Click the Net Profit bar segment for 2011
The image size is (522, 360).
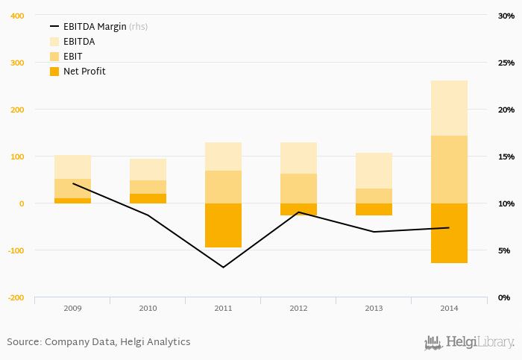(223, 225)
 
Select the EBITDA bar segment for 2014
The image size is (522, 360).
(449, 108)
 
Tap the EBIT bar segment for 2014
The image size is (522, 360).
(449, 169)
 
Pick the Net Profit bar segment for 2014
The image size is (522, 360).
(449, 233)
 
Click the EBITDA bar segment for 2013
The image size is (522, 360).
(374, 171)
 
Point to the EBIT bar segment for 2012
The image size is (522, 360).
(298, 189)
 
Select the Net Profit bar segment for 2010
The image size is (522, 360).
(148, 198)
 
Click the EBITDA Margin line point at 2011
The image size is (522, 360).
(223, 267)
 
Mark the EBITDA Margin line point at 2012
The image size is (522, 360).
(298, 212)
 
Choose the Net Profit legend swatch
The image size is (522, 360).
(54, 72)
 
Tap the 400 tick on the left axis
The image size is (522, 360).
(16, 16)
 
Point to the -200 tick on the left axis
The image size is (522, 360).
(14, 297)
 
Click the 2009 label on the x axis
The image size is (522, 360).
(72, 307)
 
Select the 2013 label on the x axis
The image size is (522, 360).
(374, 307)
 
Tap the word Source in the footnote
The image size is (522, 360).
(23, 342)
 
